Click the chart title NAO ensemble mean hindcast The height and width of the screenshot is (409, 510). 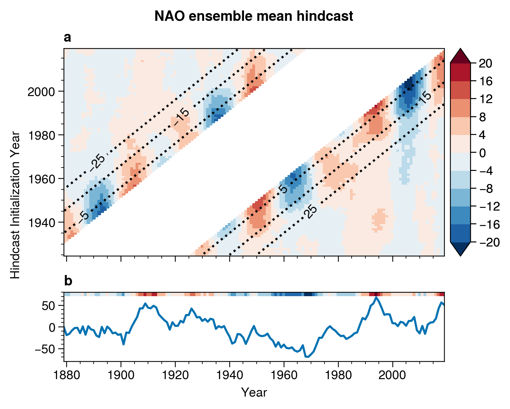(x=254, y=16)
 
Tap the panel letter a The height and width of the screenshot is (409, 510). (x=67, y=38)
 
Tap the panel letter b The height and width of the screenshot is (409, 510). (x=68, y=281)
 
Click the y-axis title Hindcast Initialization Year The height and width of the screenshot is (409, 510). (x=15, y=205)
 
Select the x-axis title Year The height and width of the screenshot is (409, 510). (x=254, y=392)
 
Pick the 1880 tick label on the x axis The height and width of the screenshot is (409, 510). (x=66, y=375)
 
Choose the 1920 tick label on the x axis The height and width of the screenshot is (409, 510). (x=175, y=375)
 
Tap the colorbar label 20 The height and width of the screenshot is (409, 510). (x=485, y=63)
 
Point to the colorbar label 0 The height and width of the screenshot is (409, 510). (x=482, y=153)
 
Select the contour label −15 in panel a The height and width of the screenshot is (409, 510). (x=182, y=118)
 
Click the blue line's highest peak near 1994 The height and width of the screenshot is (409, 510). (x=376, y=297)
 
